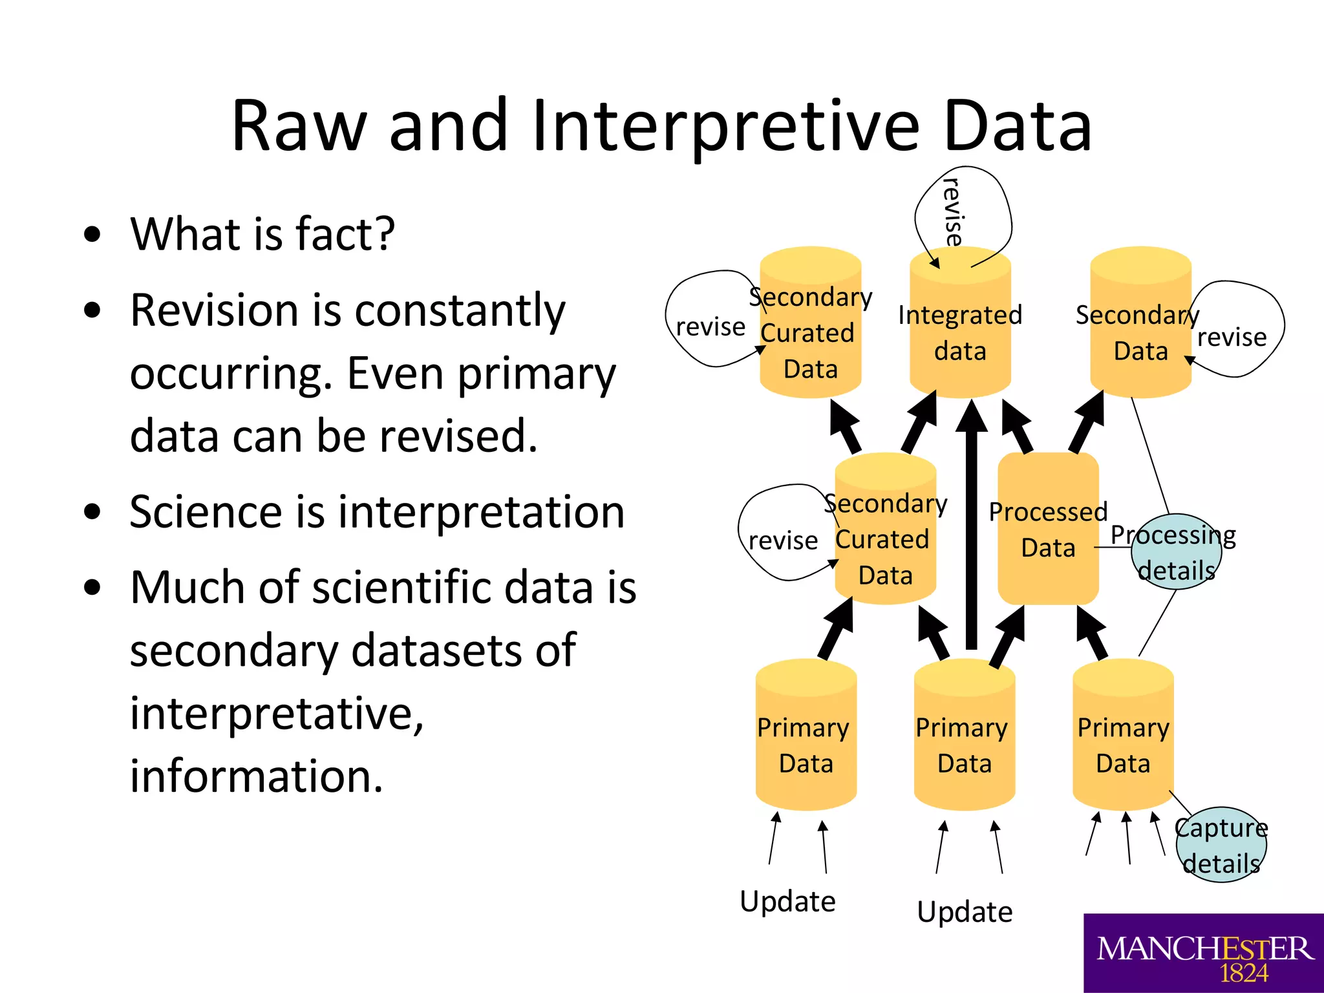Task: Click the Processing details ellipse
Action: point(1176,552)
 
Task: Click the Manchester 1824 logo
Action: point(1203,953)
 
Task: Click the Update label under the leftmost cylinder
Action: point(787,901)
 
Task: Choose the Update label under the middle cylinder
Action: point(965,912)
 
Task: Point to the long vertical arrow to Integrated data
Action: point(971,530)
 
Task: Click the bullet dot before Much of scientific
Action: point(93,587)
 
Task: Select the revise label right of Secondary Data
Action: point(1232,337)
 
